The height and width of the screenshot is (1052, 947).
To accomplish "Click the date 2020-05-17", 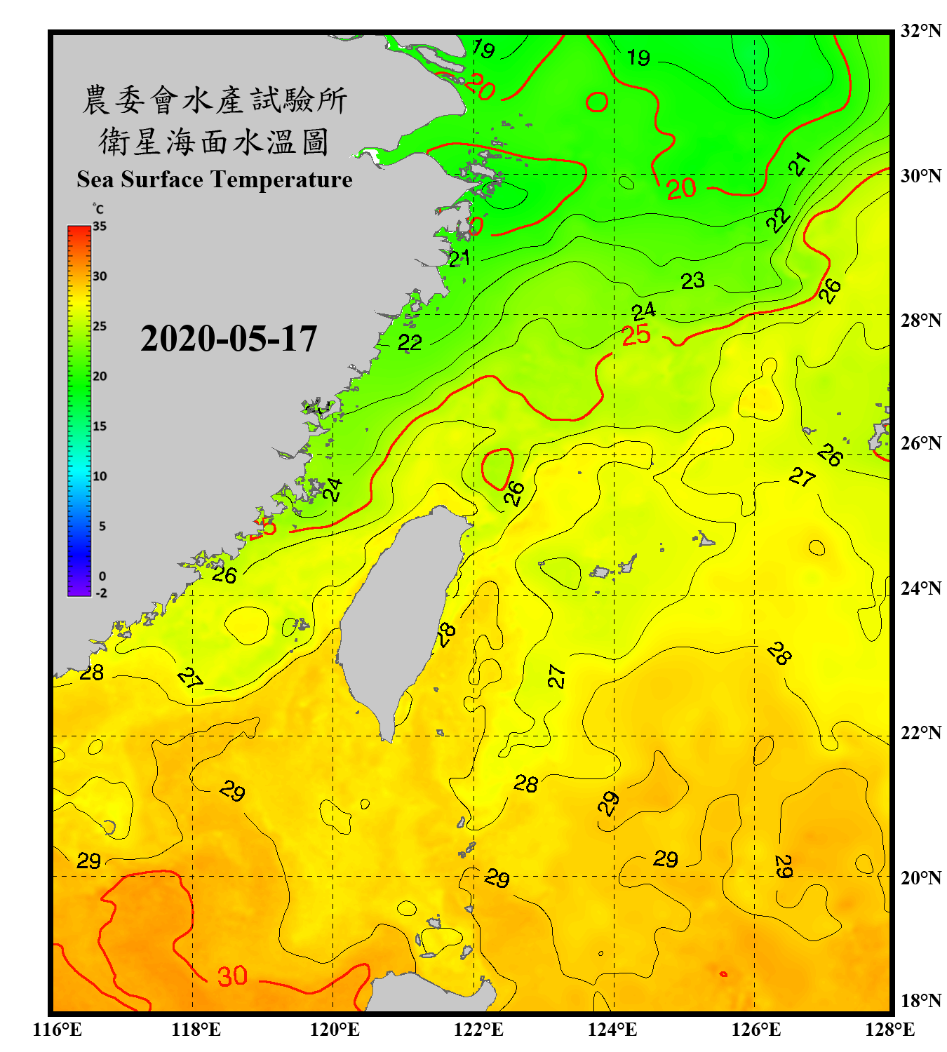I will point(229,339).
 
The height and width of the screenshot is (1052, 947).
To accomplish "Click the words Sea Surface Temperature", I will point(215,180).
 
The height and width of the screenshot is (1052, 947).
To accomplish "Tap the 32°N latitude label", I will point(920,31).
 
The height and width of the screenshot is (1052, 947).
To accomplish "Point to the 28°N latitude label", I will point(920,321).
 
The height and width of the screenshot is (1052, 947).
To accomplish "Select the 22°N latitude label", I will point(920,733).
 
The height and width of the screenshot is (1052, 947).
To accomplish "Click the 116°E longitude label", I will point(58,1030).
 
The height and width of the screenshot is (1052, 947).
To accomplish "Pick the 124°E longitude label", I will point(612,1030).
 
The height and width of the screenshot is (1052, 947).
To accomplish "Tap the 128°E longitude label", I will point(889,1030).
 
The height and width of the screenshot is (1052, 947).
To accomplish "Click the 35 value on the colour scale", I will point(100,227).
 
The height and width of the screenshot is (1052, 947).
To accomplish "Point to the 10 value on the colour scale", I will point(100,476).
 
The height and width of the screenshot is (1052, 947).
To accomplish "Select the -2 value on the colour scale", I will point(101,593).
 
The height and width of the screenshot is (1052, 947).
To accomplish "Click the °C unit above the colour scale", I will point(98,209).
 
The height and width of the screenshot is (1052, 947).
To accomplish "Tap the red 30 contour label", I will point(232,976).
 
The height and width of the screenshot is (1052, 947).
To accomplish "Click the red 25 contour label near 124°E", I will point(636,335).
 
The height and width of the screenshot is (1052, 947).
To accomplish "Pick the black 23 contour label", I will point(692,281).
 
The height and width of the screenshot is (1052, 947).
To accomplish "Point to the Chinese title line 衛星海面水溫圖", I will point(214,142).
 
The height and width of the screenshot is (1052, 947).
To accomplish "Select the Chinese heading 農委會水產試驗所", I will point(214,100).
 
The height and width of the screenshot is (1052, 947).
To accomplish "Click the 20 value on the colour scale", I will point(100,376).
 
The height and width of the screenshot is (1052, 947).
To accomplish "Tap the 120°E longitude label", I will point(335,1030).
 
